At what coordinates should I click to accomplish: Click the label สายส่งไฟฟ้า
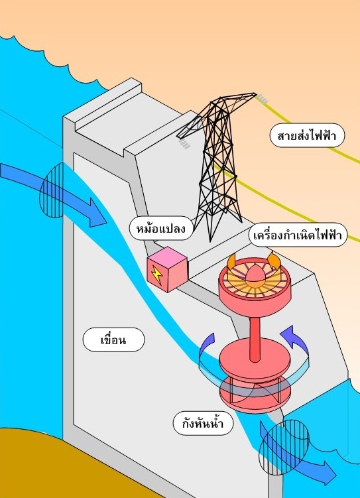[x=307, y=136]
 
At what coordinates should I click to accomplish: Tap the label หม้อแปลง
[x=161, y=228]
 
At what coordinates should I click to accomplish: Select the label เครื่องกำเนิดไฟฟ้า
[x=298, y=235]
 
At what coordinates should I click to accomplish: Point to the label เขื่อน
[x=113, y=340]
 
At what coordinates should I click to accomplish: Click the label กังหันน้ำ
[x=203, y=423]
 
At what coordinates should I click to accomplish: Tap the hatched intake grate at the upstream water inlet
[x=52, y=190]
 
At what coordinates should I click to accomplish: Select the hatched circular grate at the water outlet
[x=284, y=447]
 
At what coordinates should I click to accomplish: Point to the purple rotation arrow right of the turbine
[x=294, y=340]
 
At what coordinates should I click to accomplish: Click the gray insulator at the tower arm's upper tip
[x=263, y=99]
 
